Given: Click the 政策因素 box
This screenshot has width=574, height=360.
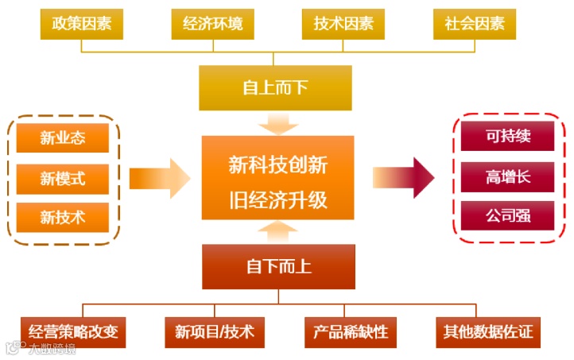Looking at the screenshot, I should (x=82, y=24).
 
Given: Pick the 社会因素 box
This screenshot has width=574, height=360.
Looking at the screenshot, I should (x=475, y=24).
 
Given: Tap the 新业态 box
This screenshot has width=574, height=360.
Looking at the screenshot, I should (x=63, y=137).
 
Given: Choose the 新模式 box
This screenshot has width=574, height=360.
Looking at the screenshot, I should (x=63, y=178).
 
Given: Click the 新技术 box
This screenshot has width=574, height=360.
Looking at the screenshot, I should (x=63, y=216).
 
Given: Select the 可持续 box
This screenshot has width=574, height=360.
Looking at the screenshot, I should (x=508, y=137).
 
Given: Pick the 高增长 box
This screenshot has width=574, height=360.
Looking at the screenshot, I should (x=508, y=176).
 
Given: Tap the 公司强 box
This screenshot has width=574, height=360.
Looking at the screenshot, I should (x=508, y=216).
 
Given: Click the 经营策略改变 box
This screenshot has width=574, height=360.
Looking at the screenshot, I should (x=74, y=331).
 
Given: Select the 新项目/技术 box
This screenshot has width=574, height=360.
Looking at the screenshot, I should (x=208, y=331).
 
